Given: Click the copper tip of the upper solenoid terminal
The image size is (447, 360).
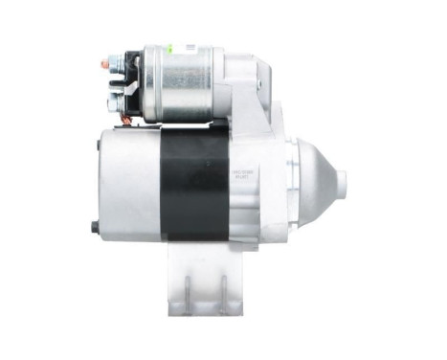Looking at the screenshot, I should pyautogui.click(x=103, y=64).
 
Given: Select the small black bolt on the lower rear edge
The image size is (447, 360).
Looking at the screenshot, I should pyautogui.click(x=95, y=227).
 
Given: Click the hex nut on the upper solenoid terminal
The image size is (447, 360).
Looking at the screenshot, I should pyautogui.click(x=115, y=65).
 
